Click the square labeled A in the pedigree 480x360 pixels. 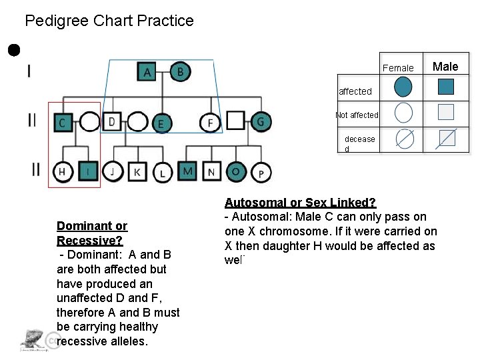coord(147,71)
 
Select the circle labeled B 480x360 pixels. coord(179,71)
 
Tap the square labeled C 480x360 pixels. coord(63,122)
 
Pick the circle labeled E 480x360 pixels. coord(160,123)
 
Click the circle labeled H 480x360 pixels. coord(61,171)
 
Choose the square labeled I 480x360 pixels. coord(87,171)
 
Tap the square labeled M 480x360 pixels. coord(188,171)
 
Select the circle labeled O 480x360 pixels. coord(235,171)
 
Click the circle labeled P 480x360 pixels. coord(261,173)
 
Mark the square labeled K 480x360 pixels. coord(137,172)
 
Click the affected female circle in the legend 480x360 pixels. coord(403,87)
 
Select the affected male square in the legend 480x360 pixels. coord(446,87)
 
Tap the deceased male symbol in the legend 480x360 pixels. coord(446,138)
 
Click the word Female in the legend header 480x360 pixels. coord(398,67)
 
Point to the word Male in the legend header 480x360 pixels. coord(445,66)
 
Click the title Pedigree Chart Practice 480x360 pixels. coord(109,21)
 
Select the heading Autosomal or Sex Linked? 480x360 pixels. coord(300,202)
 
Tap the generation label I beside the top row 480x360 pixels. coord(29,71)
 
